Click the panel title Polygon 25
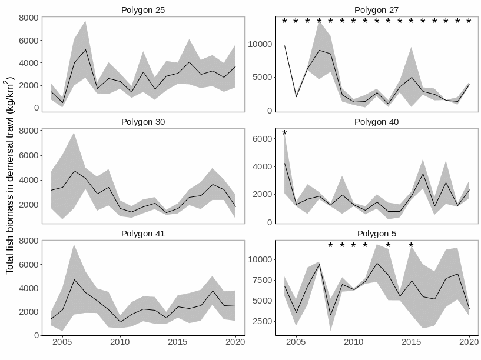coord(143,10)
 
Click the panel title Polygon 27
coord(377,10)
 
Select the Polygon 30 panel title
coord(143,122)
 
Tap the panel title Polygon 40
coord(377,122)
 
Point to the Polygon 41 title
coord(143,234)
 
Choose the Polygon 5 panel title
coord(377,234)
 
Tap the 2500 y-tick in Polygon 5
coord(262,321)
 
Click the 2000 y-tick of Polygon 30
coord(29,205)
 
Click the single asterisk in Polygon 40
coord(284,134)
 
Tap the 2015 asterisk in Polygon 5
coord(411,246)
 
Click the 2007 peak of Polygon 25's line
coord(85,49)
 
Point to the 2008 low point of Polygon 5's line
coord(331,315)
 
